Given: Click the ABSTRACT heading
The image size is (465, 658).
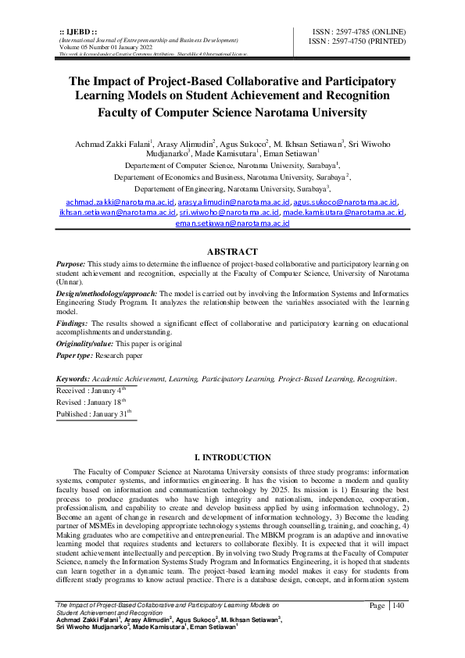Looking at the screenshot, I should (231, 252).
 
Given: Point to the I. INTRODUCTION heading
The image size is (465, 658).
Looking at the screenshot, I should (231, 457).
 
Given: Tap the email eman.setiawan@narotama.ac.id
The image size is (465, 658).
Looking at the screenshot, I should (232, 223).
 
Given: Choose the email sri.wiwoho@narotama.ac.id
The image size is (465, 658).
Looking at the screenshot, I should (229, 212).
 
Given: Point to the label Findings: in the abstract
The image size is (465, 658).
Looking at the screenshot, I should (73, 323).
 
